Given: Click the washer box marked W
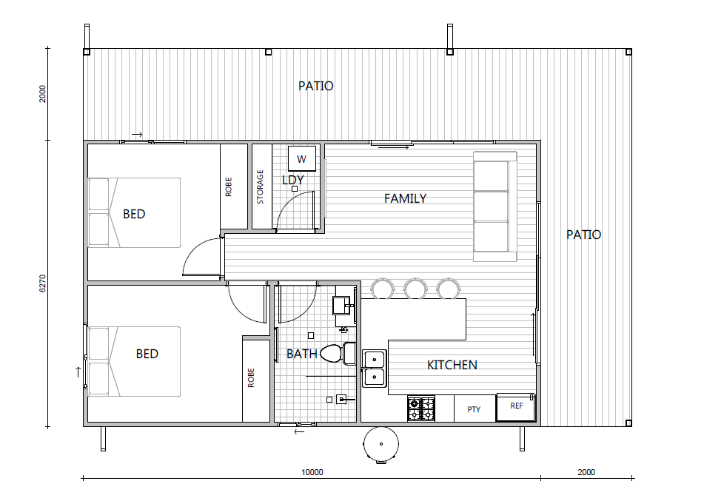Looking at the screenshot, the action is click(302, 158).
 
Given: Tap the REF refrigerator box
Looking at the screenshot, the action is click(515, 407).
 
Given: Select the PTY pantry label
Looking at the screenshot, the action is click(474, 409).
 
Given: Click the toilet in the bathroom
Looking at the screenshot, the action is click(337, 353).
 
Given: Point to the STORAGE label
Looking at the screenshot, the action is click(260, 186).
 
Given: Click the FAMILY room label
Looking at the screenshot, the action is click(405, 198).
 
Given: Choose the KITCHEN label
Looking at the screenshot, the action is click(452, 365).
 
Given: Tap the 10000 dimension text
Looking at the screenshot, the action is click(312, 472).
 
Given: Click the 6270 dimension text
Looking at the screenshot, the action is click(43, 283).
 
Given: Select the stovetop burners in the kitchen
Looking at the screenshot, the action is click(421, 408).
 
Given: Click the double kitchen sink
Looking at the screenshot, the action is click(374, 368).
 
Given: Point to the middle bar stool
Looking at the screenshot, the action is click(415, 288).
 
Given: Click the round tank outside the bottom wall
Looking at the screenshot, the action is click(381, 444).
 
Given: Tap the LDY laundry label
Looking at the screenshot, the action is click(293, 180).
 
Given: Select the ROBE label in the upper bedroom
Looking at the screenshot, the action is click(229, 186).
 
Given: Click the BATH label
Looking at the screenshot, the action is click(302, 354).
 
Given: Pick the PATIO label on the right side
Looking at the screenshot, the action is click(583, 235).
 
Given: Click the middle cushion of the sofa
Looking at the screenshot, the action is click(492, 206).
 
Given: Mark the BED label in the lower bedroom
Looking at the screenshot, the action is click(147, 354).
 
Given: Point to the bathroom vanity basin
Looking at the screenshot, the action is click(343, 306).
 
